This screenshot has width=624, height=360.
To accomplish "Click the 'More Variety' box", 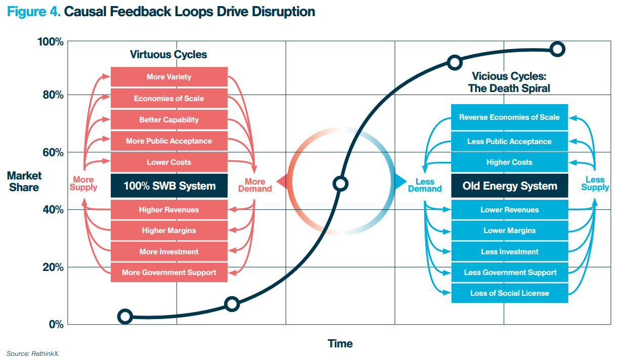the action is (x=169, y=77).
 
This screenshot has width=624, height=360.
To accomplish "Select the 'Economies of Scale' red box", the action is (x=169, y=99).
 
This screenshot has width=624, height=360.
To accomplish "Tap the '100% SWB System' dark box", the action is (x=169, y=186).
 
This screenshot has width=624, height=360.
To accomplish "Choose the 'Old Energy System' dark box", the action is (x=510, y=186).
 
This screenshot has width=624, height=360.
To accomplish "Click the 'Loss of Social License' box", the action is (x=510, y=293).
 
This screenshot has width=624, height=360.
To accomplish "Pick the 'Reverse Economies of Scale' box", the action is (x=510, y=117).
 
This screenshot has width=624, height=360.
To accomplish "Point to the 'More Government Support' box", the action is (x=169, y=272).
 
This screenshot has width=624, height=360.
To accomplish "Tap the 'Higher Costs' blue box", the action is (x=510, y=162).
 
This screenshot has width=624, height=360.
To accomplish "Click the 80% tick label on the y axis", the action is (x=53, y=95).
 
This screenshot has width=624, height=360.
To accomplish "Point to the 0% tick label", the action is (x=56, y=324).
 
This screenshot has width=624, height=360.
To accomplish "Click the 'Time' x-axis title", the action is (x=340, y=343).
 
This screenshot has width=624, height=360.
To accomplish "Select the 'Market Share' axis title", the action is (x=24, y=182).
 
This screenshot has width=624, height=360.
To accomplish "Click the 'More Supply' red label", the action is (x=83, y=184).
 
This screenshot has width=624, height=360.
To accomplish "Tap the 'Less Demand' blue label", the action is (x=425, y=185).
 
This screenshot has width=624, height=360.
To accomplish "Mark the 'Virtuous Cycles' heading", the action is (x=168, y=54).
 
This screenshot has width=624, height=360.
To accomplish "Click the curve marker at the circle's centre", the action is (x=340, y=184).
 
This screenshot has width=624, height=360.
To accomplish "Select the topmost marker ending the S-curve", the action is (x=557, y=50).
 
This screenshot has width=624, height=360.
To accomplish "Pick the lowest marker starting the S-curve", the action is (x=125, y=317).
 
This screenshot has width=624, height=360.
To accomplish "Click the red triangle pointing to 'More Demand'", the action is (x=282, y=182).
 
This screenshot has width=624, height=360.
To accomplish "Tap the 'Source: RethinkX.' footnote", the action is (x=33, y=353).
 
